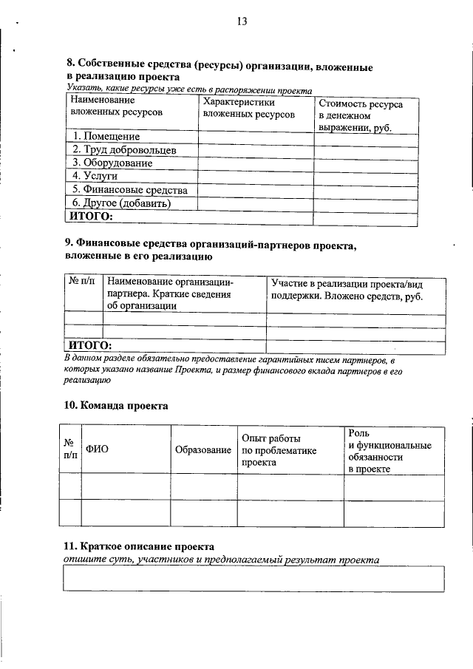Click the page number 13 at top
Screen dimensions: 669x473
(241, 21)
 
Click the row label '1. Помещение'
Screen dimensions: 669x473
(106, 137)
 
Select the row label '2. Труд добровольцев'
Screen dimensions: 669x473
(123, 150)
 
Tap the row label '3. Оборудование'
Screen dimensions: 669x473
(112, 163)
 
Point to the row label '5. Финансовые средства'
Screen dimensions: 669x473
(129, 190)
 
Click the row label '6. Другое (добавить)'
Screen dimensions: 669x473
(121, 203)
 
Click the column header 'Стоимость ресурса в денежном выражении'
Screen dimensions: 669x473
(361, 116)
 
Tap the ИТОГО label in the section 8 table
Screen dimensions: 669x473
(91, 216)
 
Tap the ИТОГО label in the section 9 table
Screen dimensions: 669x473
(89, 346)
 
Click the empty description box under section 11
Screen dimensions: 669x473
(254, 579)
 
